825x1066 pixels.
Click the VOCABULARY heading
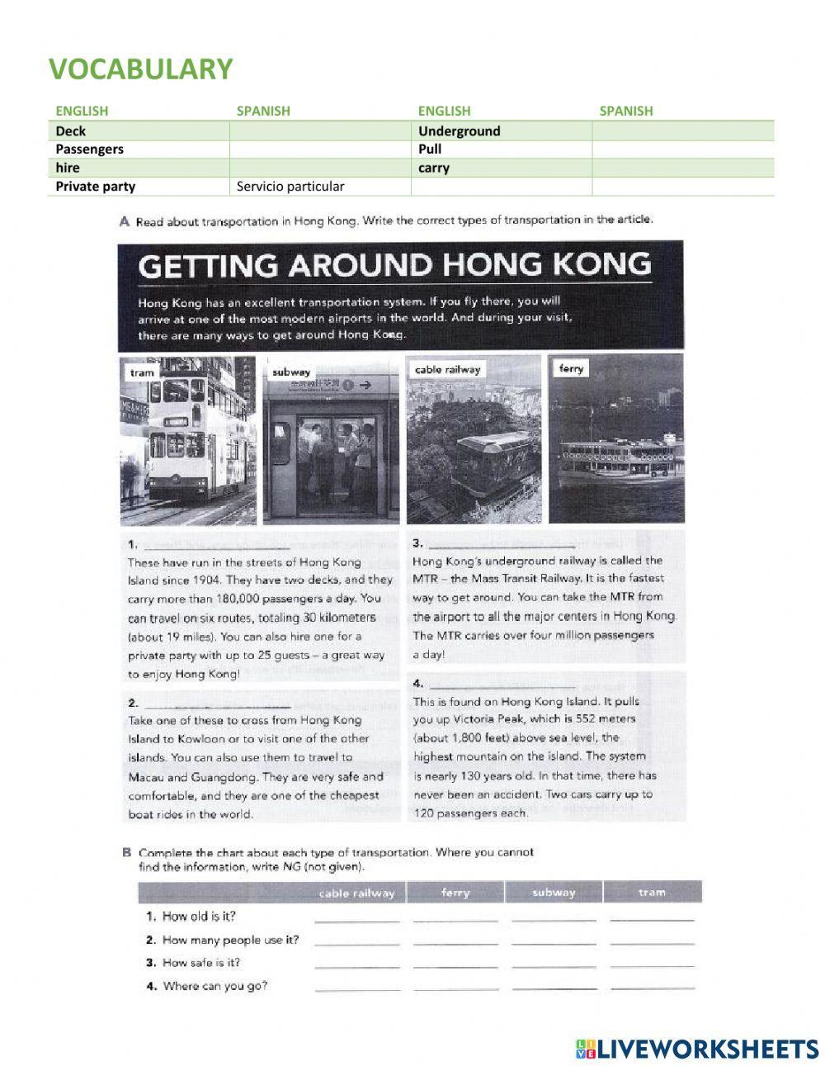pos(140,69)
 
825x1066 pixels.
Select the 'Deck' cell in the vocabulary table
pos(71,130)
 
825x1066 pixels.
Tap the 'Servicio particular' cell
pos(290,186)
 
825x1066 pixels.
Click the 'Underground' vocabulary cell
pos(459,130)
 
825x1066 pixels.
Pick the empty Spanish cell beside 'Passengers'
pos(319,149)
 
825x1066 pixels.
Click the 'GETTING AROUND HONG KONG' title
pos(394,266)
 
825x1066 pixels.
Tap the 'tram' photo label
pos(142,372)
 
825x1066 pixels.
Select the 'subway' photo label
pos(291,372)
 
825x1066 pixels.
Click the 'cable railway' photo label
pos(447,370)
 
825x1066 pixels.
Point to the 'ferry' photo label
pos(571,368)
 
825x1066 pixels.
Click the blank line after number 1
pos(216,546)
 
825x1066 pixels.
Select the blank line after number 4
pos(502,685)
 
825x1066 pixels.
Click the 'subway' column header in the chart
pos(554,893)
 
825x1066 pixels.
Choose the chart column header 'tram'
pos(652,893)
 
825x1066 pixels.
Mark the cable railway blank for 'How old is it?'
pos(356,917)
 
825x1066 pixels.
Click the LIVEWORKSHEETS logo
pos(697,1049)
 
